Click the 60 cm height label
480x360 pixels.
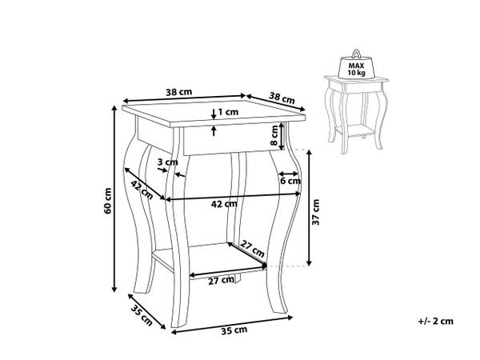point(108,201)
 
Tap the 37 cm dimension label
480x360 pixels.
point(316,212)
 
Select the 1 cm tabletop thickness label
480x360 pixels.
point(228,112)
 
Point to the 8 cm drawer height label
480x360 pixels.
point(274,135)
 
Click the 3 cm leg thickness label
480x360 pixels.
point(168,162)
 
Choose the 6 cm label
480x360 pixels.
point(290,181)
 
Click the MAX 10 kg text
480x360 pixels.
point(356,69)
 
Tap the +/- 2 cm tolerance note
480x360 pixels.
point(436,321)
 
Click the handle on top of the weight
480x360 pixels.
point(356,54)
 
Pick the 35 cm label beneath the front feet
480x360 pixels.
point(234,330)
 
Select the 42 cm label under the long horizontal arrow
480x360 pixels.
point(224,203)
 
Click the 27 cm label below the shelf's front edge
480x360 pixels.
point(221,281)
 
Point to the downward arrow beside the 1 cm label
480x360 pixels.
point(214,114)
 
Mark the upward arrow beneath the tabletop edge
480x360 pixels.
point(214,131)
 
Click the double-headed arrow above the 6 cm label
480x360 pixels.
point(288,174)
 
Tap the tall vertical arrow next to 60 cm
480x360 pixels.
point(114,198)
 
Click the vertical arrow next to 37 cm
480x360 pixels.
point(309,208)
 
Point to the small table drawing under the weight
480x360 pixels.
point(356,114)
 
